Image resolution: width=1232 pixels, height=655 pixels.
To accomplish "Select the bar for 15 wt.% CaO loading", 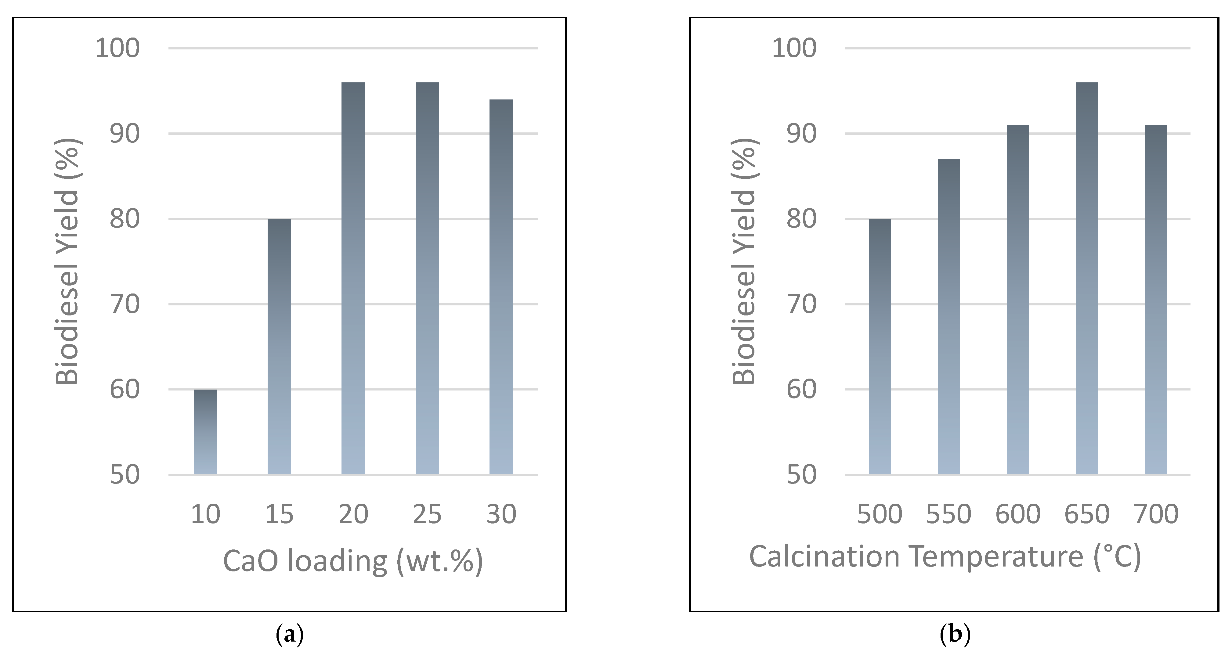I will coord(279,347).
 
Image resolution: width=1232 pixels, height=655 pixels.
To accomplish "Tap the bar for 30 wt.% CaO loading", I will coord(501,287).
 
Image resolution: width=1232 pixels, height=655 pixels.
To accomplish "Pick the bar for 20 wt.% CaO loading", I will coord(353,278).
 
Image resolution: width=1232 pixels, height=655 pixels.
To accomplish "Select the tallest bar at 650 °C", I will coord(1087,278).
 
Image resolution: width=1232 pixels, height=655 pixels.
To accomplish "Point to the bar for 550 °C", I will coord(948,316).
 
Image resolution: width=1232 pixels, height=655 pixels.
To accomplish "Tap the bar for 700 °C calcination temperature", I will coord(1156,300).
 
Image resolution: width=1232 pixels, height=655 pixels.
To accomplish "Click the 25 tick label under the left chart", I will coord(427,514).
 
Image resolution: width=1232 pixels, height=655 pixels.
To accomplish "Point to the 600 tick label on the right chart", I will coord(1018,514).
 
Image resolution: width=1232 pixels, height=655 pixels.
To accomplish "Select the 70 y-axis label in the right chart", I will coord(802,304).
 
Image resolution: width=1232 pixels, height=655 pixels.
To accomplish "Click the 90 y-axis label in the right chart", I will coord(802,134).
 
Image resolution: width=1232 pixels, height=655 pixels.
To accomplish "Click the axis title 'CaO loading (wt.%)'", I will coord(353,561).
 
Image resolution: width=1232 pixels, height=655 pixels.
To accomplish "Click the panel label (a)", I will coord(290,635).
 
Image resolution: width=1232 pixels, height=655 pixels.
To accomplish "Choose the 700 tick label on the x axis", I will coord(1156,514).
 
